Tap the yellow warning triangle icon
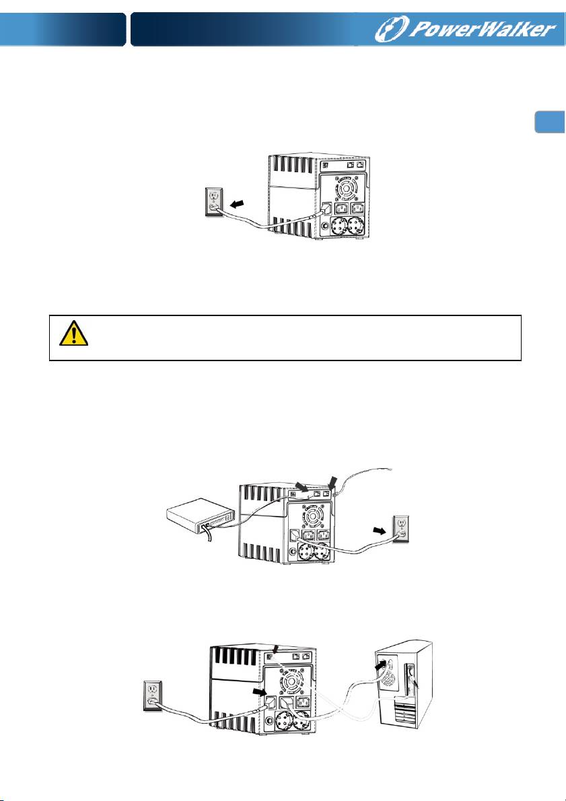click(73, 334)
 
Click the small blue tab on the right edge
click(550, 122)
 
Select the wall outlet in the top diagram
click(214, 202)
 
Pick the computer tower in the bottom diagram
click(403, 685)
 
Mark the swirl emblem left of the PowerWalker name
click(392, 29)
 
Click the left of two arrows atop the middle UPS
click(304, 487)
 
